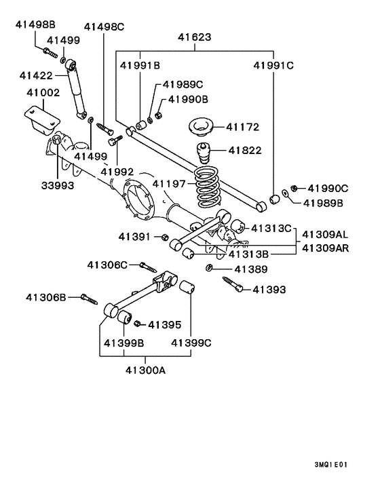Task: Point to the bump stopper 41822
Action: point(203,151)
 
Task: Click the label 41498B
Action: point(35,25)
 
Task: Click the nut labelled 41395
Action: point(136,324)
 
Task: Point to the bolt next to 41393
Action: point(235,286)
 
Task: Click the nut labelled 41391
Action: point(165,237)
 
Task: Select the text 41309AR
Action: point(326,248)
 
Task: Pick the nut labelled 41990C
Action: point(293,187)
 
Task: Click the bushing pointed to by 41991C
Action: point(275,198)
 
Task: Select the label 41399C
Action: point(191,343)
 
